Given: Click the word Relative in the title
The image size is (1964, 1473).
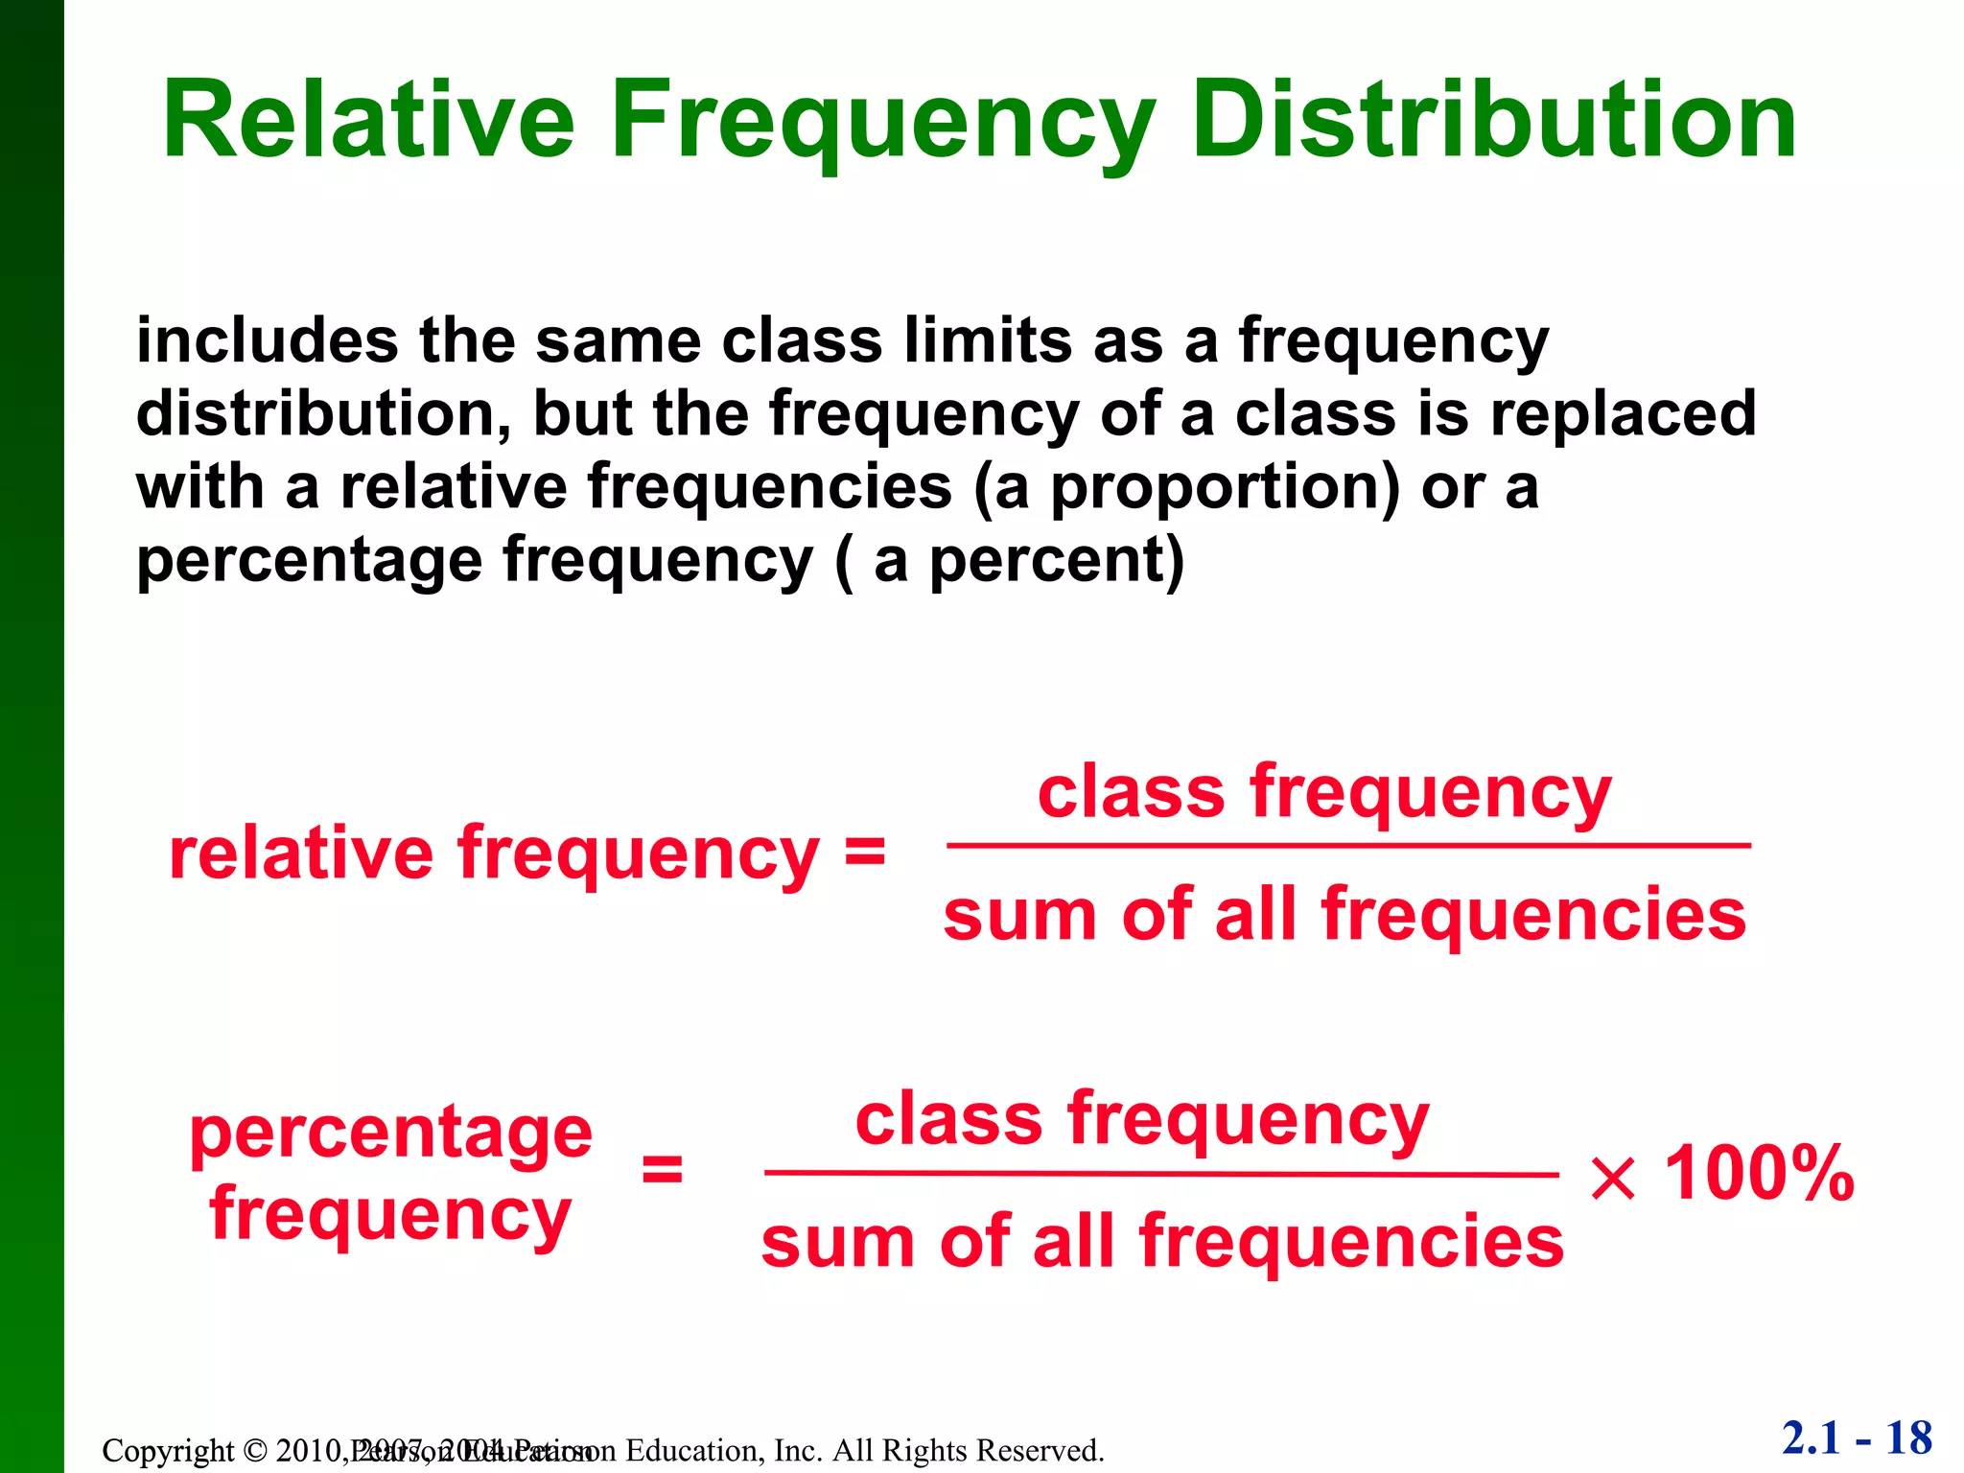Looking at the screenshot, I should tap(368, 121).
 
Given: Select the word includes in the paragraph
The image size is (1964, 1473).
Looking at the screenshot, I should tap(267, 340).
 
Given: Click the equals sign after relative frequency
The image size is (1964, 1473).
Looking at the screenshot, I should tap(864, 852).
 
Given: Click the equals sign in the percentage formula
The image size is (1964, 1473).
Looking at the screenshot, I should tap(662, 1170).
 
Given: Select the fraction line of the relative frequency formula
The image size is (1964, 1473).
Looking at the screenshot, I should tap(1347, 846).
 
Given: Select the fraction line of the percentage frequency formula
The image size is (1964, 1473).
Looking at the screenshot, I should tap(1160, 1174).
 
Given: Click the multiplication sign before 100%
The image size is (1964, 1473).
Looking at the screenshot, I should tap(1612, 1178).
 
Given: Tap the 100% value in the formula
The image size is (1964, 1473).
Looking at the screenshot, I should tap(1759, 1174).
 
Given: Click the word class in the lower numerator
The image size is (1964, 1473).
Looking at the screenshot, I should tap(947, 1120).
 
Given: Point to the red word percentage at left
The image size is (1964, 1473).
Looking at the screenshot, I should tap(390, 1134).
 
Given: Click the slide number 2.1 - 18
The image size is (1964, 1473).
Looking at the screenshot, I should tap(1857, 1438).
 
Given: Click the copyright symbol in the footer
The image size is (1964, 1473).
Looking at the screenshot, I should tap(254, 1450).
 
